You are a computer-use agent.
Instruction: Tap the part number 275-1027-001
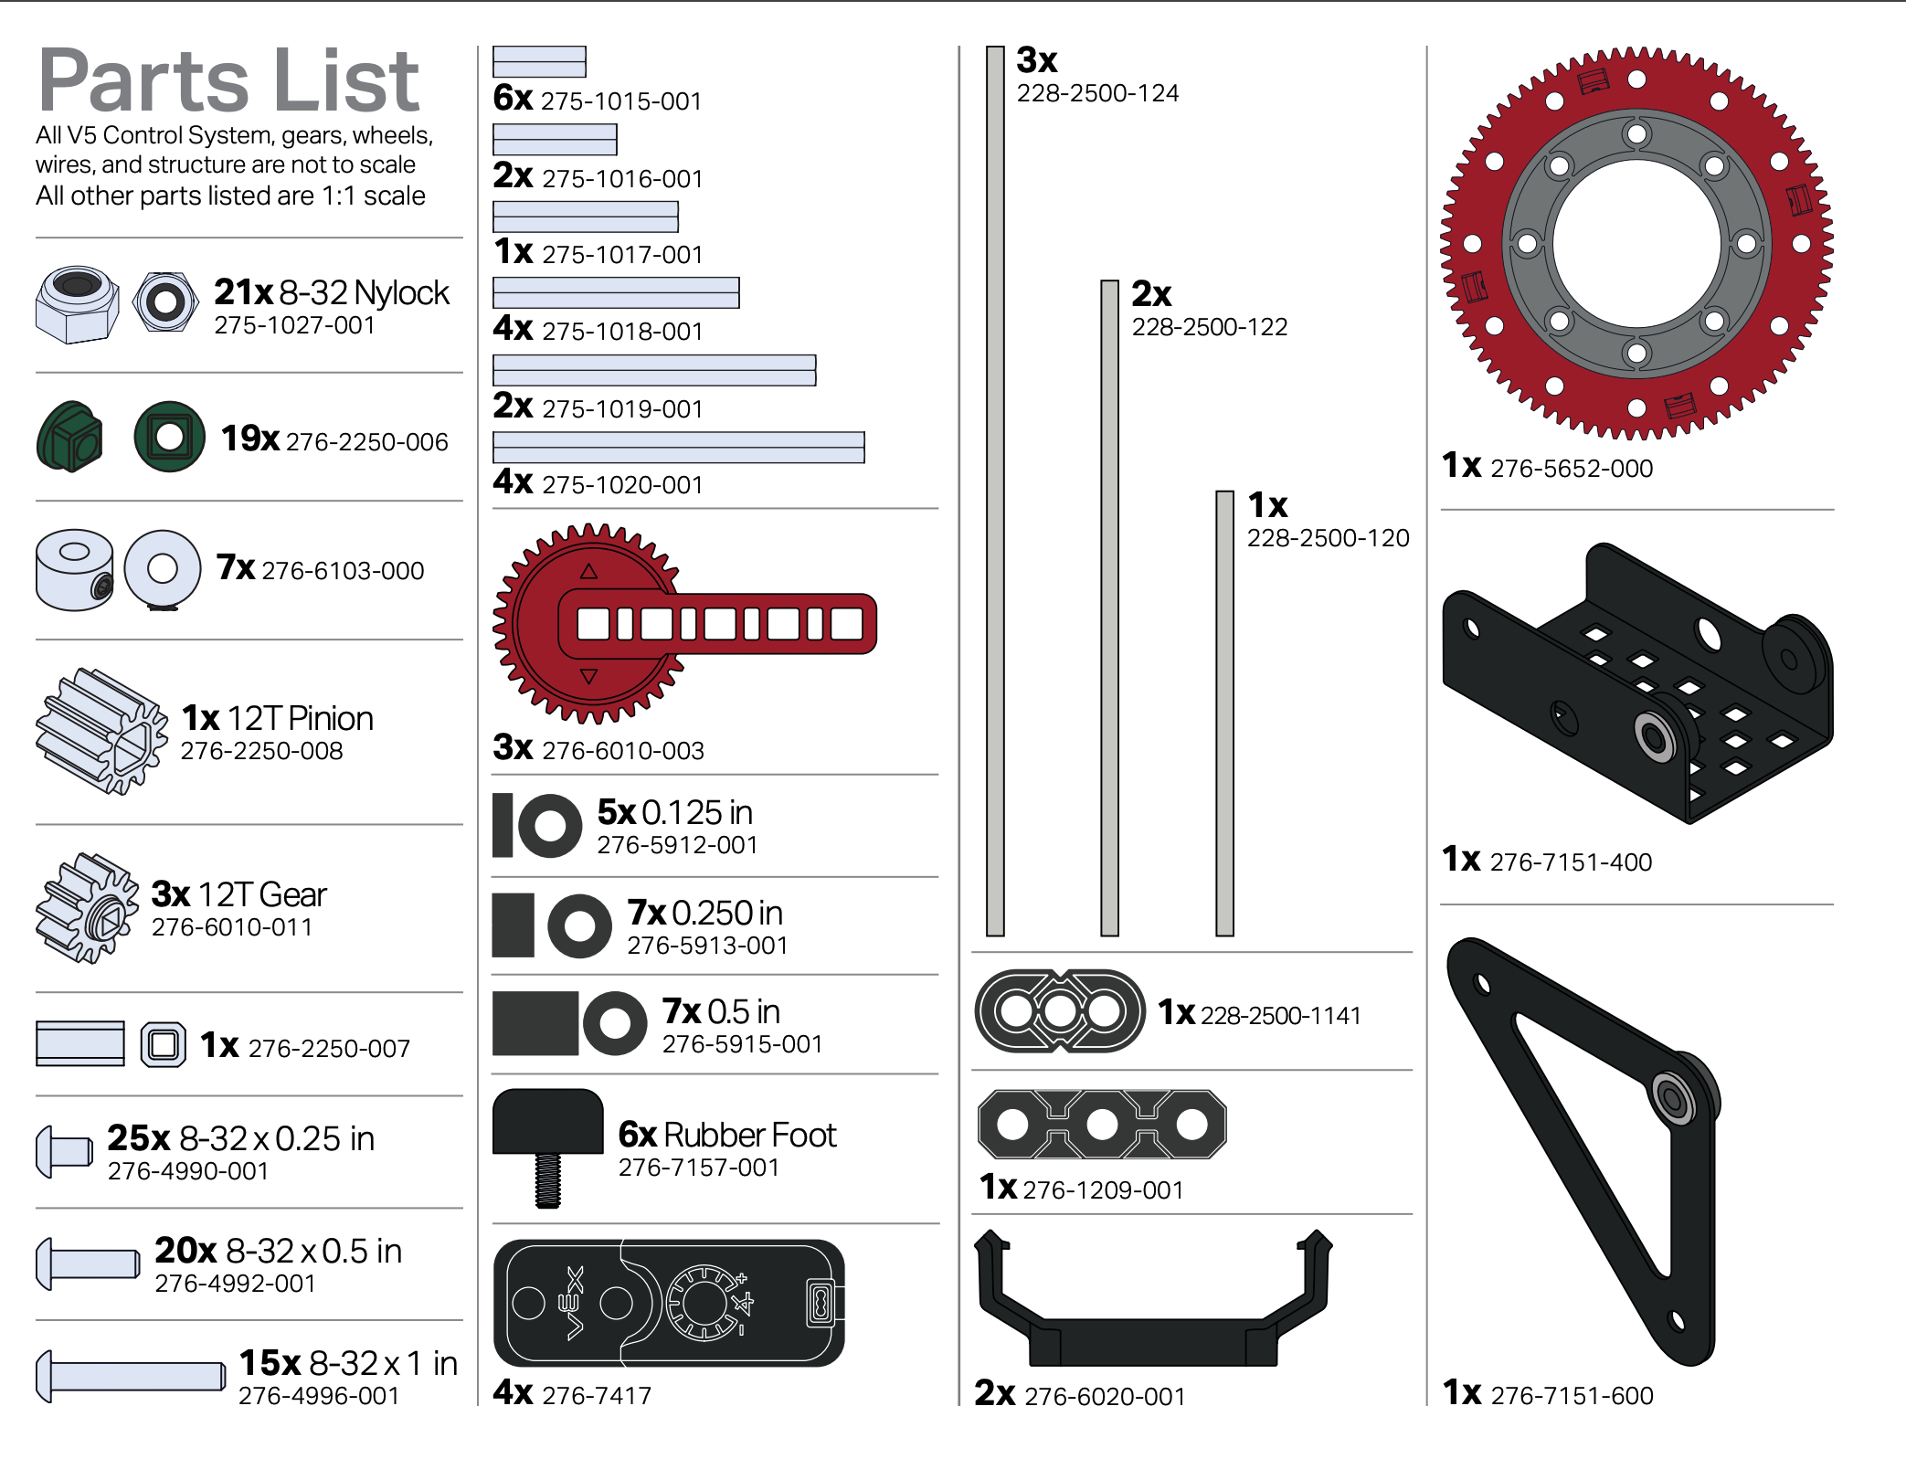[294, 325]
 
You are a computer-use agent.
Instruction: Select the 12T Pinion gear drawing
[101, 731]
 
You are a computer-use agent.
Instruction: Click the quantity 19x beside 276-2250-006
[249, 439]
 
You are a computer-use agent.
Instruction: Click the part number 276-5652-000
[1571, 469]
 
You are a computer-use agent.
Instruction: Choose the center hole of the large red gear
[1636, 243]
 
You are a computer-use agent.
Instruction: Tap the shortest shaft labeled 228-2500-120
[1224, 713]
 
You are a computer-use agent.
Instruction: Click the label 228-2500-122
[1209, 327]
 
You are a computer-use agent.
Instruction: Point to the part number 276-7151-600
[1572, 1396]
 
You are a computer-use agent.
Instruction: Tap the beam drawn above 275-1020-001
[678, 448]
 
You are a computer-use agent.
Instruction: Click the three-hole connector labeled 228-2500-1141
[1059, 1011]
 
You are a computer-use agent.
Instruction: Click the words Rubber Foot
[749, 1135]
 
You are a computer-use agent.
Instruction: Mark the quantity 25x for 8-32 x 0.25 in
[138, 1138]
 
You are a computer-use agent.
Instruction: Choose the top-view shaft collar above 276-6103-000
[163, 569]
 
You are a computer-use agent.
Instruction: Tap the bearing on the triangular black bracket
[1673, 1097]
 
